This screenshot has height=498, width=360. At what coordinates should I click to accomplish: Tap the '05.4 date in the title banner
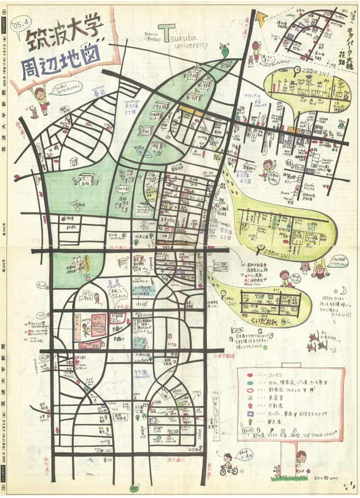tap(23, 22)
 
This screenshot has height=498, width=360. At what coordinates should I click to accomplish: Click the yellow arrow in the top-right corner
tap(262, 19)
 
